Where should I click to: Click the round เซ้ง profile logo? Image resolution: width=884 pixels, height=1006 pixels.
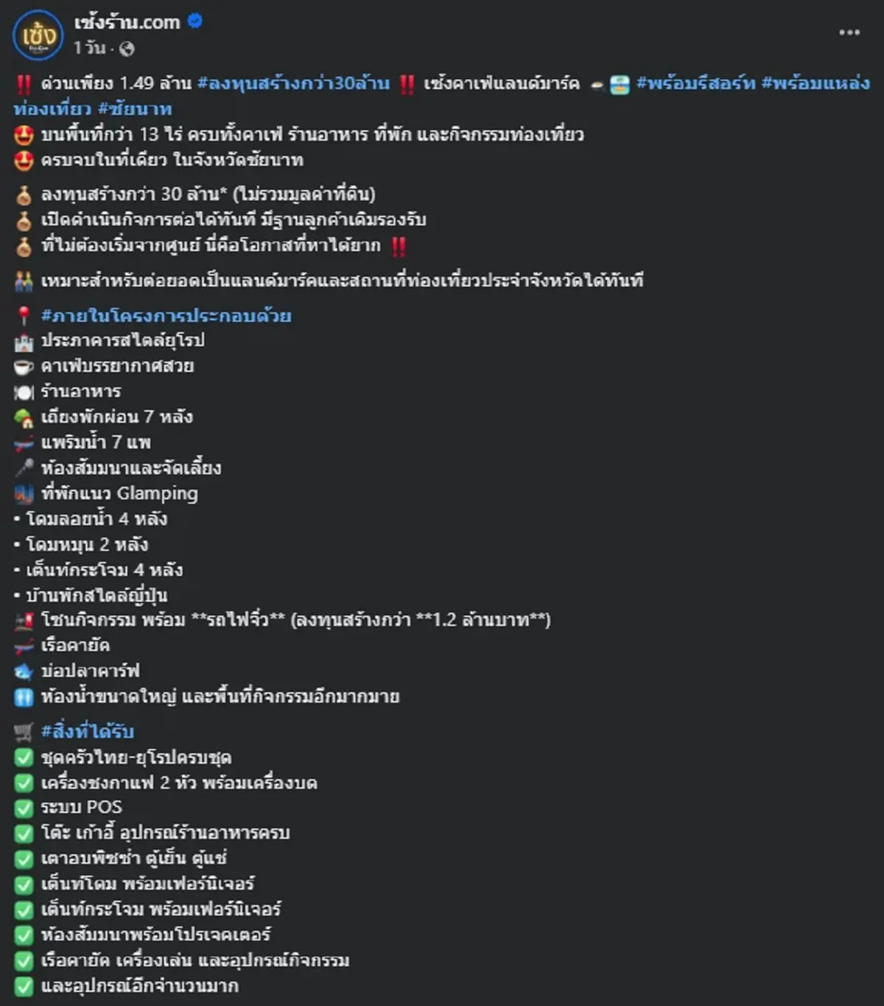tap(38, 35)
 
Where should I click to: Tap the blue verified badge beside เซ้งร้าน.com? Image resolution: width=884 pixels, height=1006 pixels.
tap(194, 21)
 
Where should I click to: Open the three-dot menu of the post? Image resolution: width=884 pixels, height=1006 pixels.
tap(849, 32)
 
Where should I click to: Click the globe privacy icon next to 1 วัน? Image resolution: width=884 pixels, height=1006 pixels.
tap(127, 49)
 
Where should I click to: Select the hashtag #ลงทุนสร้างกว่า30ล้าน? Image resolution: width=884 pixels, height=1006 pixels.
tap(293, 83)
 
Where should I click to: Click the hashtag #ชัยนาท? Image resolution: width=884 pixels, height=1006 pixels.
tap(135, 109)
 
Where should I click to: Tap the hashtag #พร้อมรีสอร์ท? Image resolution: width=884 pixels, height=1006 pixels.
tap(695, 83)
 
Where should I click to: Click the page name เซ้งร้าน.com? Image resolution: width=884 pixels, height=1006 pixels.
tap(127, 22)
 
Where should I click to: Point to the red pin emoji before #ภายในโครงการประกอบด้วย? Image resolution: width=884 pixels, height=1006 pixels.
tap(24, 316)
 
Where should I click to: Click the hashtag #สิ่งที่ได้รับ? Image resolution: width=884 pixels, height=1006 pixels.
tap(88, 731)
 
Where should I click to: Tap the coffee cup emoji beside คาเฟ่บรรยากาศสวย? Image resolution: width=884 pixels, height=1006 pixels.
tap(24, 367)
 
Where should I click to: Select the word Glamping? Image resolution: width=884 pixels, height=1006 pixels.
tap(158, 493)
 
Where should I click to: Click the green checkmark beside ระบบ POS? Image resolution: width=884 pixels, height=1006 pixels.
tap(24, 808)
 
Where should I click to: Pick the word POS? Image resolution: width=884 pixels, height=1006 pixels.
tap(104, 807)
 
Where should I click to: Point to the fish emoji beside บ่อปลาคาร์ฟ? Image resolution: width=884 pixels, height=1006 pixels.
tap(24, 672)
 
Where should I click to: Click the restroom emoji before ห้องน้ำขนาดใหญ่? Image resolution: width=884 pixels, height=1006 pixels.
tap(24, 697)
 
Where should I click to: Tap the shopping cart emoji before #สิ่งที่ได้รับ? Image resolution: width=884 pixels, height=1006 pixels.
tap(24, 731)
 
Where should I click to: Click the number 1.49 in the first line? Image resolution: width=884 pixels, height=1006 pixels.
tap(136, 83)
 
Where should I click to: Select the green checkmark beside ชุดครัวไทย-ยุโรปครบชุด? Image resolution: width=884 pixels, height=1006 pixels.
tap(24, 758)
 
